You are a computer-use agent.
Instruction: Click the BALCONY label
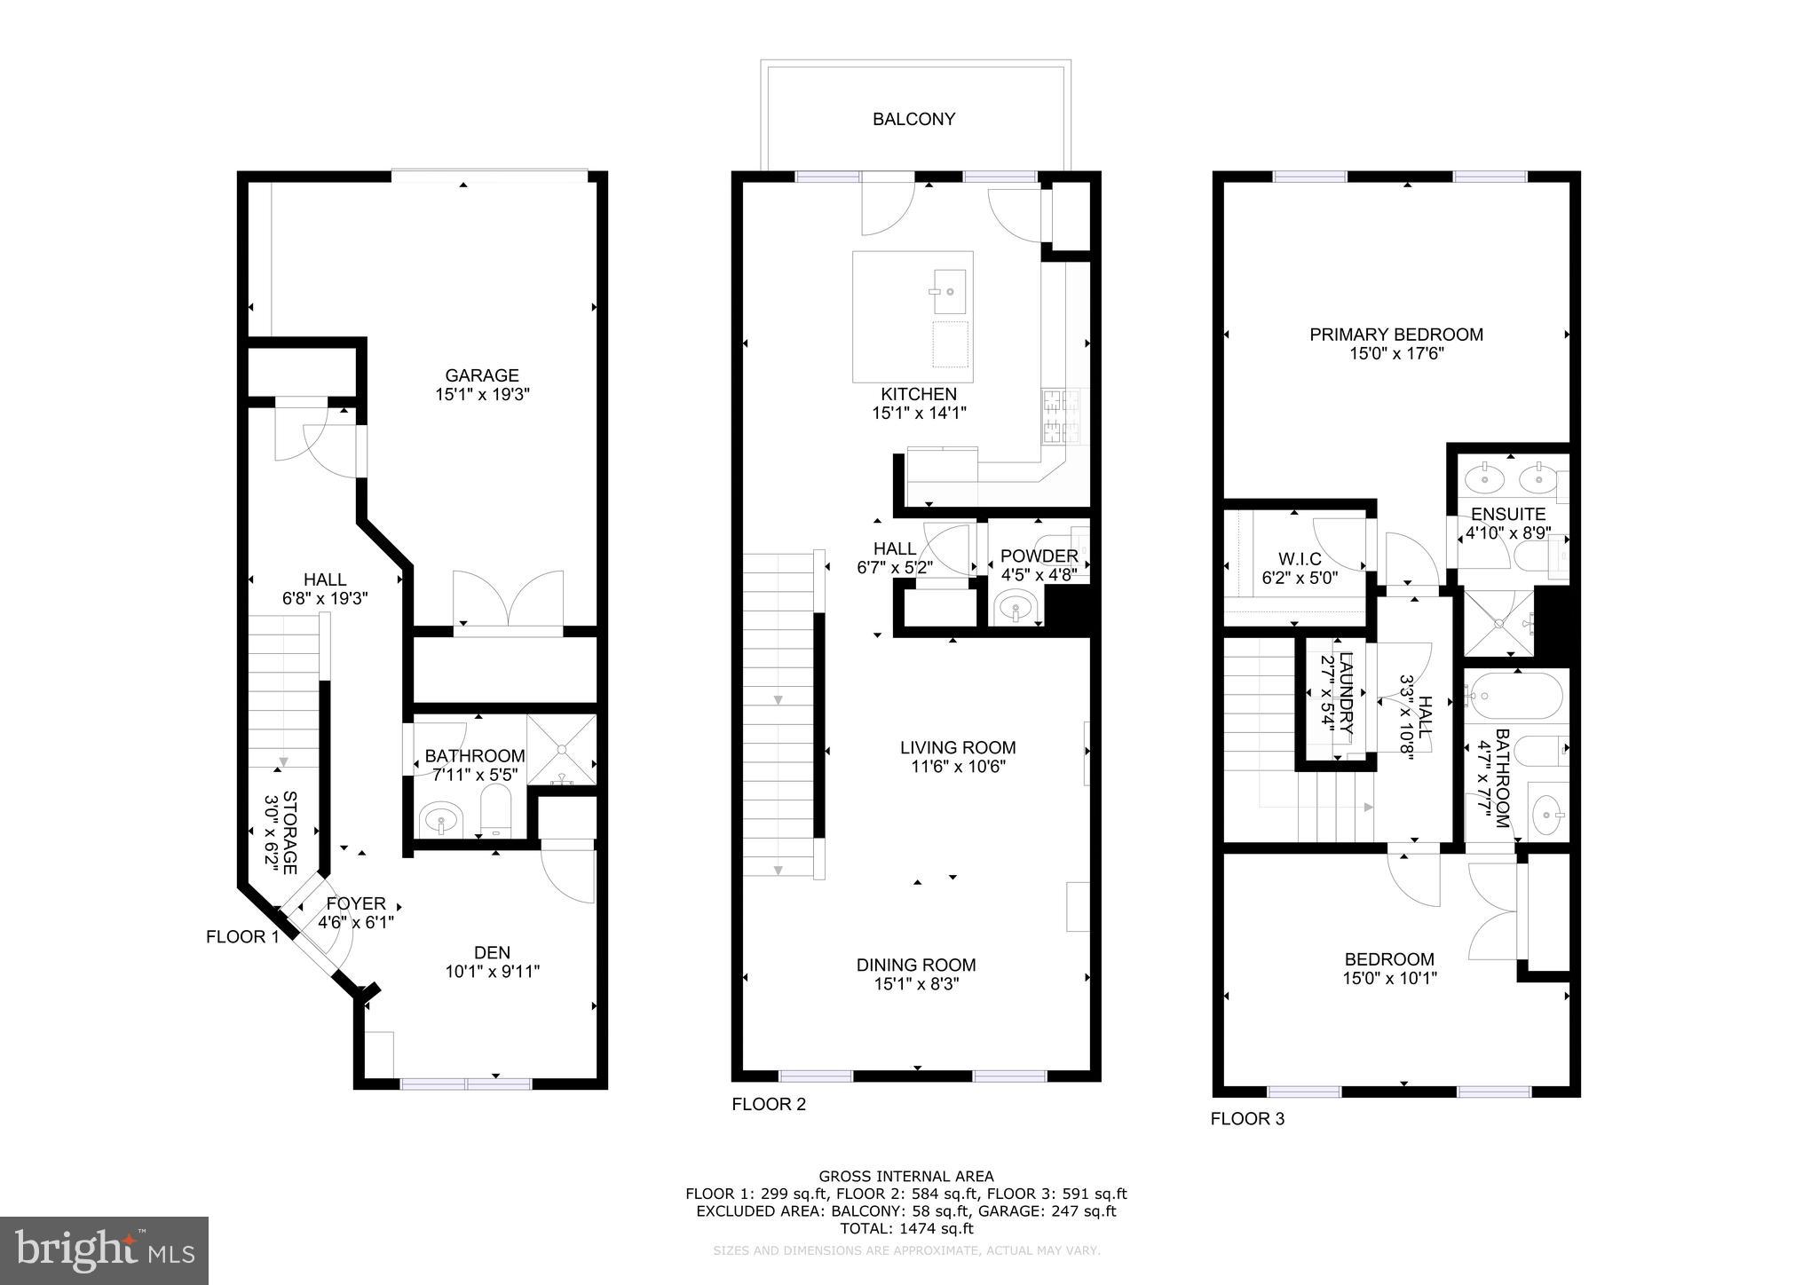click(913, 119)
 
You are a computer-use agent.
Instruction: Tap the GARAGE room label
click(482, 375)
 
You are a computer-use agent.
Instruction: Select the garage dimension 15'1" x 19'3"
click(482, 395)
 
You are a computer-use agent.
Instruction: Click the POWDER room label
click(1039, 556)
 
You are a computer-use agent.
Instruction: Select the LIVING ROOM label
click(958, 748)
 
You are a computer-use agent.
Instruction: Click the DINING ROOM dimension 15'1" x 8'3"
click(916, 984)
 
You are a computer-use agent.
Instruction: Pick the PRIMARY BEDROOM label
click(1396, 335)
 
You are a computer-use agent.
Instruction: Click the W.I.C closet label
click(1300, 559)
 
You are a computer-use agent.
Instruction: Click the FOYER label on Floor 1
click(356, 903)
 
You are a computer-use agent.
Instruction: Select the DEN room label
click(492, 952)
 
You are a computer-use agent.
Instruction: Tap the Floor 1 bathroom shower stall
click(562, 750)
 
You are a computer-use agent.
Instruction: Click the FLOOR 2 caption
click(769, 1104)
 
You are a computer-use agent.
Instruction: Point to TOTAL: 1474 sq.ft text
click(906, 1228)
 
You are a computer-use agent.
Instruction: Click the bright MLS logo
click(104, 1250)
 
